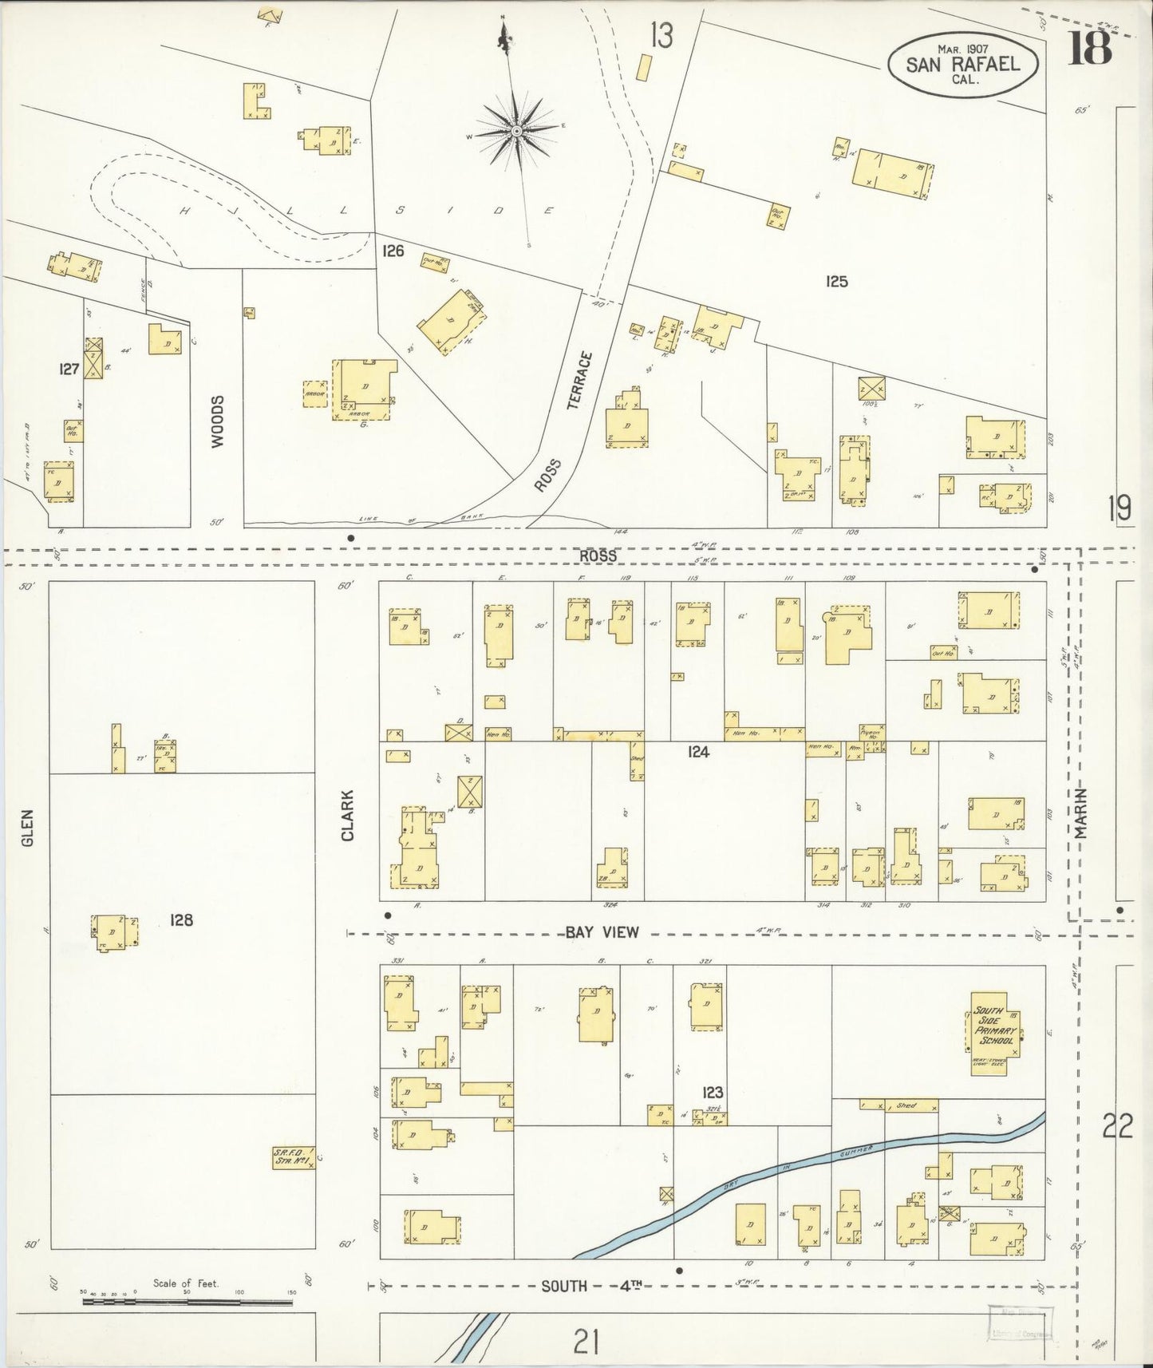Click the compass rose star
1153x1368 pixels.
(x=516, y=130)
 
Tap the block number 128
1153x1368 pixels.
(x=181, y=920)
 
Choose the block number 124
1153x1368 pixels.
(x=697, y=751)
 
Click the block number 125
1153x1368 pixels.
(x=836, y=281)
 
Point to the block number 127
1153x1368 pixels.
(x=69, y=369)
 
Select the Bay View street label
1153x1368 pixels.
(x=602, y=932)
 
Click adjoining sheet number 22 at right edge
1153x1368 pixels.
(x=1118, y=1127)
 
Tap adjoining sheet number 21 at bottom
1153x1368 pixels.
(x=586, y=1342)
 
